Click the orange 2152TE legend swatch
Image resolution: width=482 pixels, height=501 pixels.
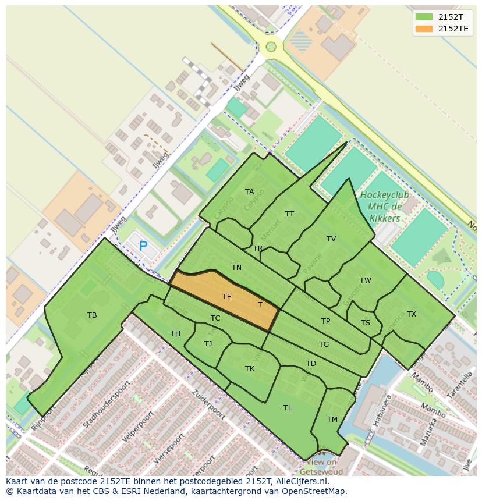(424, 29)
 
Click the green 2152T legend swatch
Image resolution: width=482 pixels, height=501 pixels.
(424, 17)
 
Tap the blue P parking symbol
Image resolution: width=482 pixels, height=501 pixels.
(143, 246)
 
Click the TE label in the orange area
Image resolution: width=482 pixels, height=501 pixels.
(227, 297)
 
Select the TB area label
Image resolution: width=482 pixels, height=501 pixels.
(92, 315)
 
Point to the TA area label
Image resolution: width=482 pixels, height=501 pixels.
(249, 192)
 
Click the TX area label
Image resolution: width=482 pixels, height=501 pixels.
(412, 314)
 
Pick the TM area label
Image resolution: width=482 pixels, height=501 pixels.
(332, 420)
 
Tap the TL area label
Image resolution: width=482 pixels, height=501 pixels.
(288, 408)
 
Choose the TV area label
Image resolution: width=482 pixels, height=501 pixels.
(331, 239)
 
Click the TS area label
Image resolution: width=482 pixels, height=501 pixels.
(365, 323)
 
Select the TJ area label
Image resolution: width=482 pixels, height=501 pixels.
(208, 344)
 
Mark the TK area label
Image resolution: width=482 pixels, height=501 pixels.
(250, 369)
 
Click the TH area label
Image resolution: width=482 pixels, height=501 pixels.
(175, 333)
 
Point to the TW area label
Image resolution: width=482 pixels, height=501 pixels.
(365, 280)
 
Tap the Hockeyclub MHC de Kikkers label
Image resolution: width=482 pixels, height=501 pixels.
(384, 207)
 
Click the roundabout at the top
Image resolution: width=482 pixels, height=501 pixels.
(271, 47)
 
